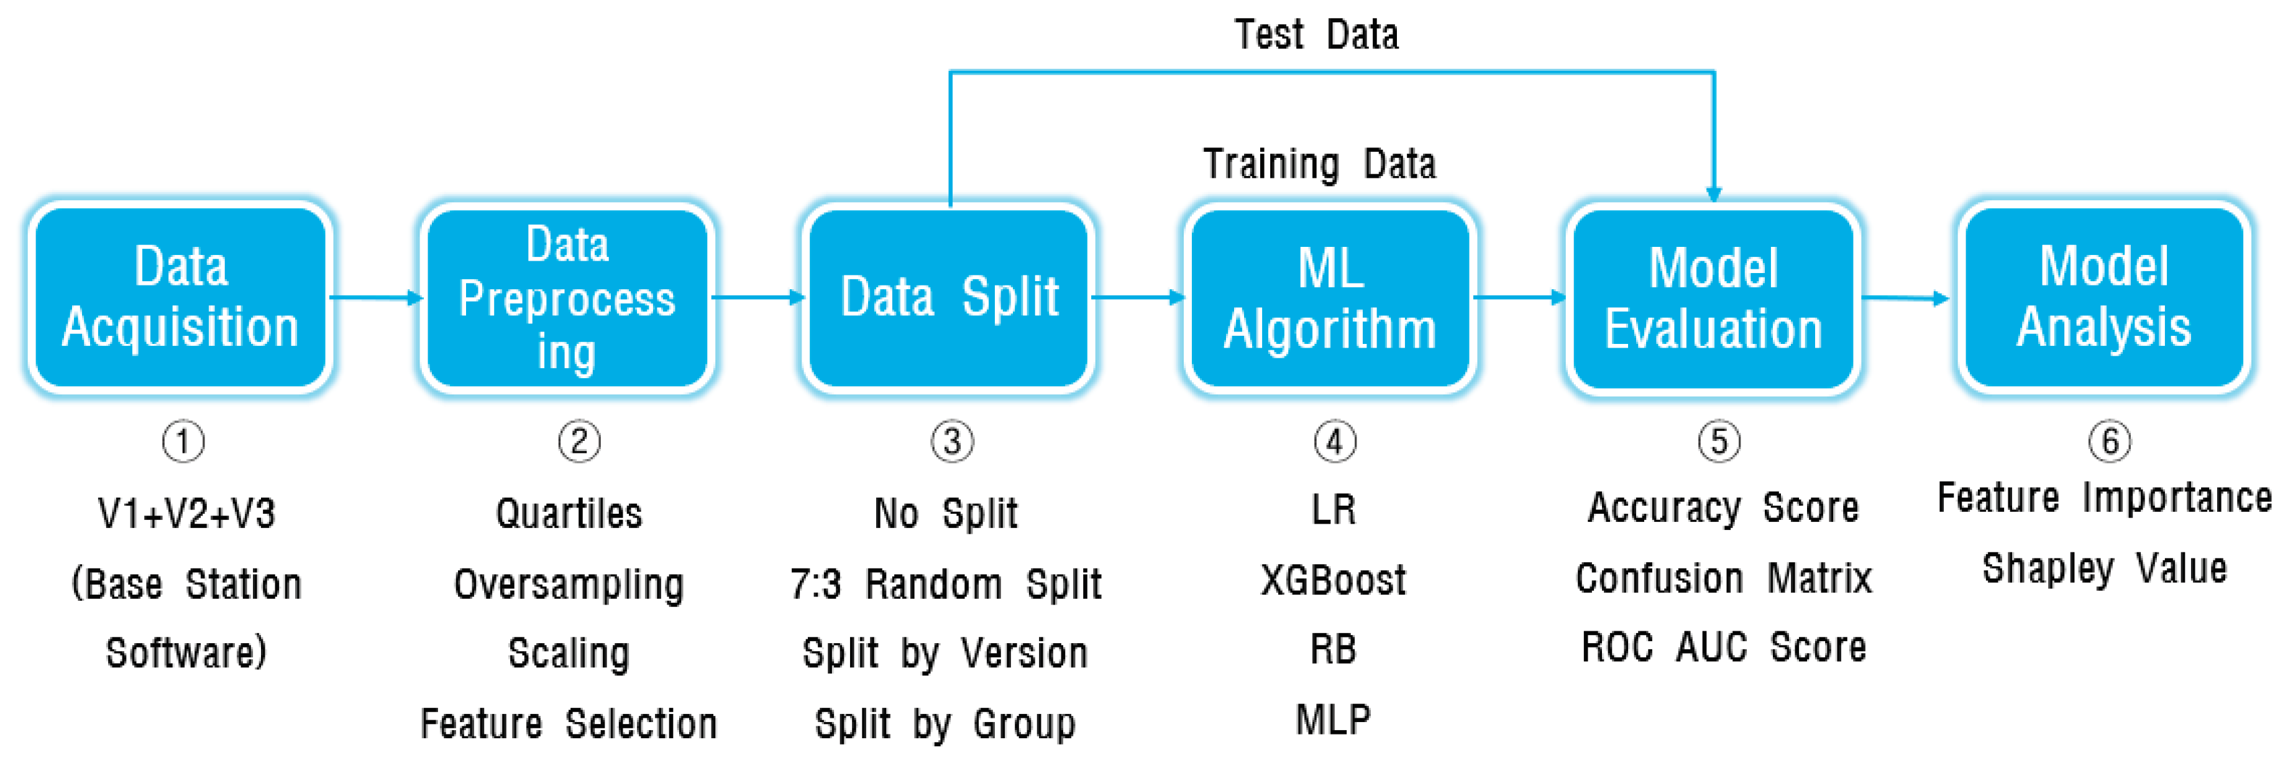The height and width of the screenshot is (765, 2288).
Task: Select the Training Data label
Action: (x=1319, y=164)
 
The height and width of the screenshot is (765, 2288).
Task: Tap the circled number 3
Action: (x=952, y=442)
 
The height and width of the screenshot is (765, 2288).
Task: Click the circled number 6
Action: (x=2110, y=441)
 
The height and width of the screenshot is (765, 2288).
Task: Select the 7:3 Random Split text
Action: (x=946, y=585)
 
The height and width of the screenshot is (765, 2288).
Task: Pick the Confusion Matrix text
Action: (x=1723, y=579)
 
